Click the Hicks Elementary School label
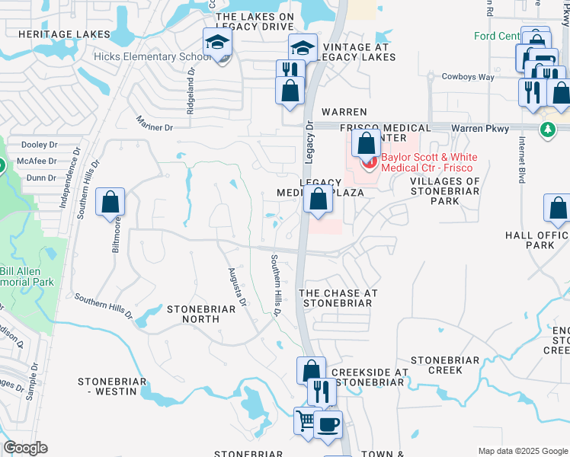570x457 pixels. (x=152, y=56)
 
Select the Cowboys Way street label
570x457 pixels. (x=469, y=77)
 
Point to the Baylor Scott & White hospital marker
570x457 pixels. (x=369, y=161)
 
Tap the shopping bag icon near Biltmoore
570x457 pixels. (x=110, y=203)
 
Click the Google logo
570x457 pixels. (x=25, y=448)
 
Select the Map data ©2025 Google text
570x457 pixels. (x=522, y=451)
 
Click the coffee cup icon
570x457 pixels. (x=328, y=425)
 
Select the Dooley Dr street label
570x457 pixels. (x=40, y=145)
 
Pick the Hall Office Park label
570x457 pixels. (x=537, y=241)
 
